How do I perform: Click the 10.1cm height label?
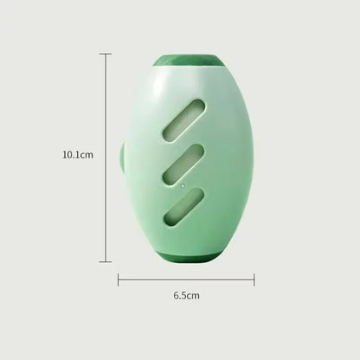tap(77, 156)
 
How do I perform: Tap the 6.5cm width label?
tap(186, 297)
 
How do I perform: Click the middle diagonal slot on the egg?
tap(182, 161)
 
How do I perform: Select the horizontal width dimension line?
tap(186, 279)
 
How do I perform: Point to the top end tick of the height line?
tap(106, 54)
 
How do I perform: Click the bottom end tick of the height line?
tap(106, 261)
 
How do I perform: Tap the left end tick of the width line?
tap(119, 279)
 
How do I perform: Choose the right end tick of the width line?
tap(254, 279)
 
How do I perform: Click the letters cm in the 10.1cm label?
tap(87, 156)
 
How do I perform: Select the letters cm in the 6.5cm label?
tap(194, 297)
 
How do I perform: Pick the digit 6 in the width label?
tap(176, 297)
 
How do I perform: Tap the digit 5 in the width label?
tap(183, 297)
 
